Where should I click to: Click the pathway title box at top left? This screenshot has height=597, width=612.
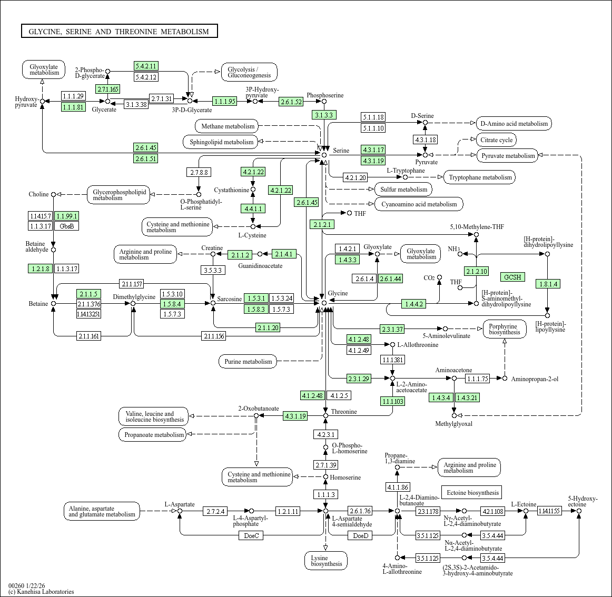[x=119, y=31]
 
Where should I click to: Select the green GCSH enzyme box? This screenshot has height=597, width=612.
[x=512, y=277]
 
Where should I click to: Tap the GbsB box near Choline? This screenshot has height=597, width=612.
[x=67, y=226]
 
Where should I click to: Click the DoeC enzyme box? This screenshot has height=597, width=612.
[x=251, y=536]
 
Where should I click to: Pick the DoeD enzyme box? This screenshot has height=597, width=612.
[x=360, y=536]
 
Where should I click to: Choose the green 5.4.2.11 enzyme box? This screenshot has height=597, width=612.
[x=146, y=66]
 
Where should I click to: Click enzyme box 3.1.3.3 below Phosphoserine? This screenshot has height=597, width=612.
[x=324, y=115]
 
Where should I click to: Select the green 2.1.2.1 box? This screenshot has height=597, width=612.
[x=322, y=224]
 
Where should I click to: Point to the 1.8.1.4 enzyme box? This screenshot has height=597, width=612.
[x=548, y=284]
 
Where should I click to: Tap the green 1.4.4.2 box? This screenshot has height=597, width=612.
[x=414, y=304]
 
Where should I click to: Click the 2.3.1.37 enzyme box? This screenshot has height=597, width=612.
[x=392, y=329]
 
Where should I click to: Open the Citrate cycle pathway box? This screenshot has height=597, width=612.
[x=497, y=140]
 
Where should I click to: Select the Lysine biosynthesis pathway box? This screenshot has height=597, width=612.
[x=326, y=561]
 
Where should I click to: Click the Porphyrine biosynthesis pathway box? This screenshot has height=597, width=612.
[x=504, y=330]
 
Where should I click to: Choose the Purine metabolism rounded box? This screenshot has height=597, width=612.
[x=248, y=361]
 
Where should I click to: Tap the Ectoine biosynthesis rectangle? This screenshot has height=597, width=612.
[x=472, y=492]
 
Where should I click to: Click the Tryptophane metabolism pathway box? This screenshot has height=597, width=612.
[x=480, y=177]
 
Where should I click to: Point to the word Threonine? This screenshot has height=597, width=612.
[x=344, y=412]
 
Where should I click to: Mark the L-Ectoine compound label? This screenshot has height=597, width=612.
[x=524, y=504]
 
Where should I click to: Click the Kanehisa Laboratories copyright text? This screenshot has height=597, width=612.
[x=41, y=592]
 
